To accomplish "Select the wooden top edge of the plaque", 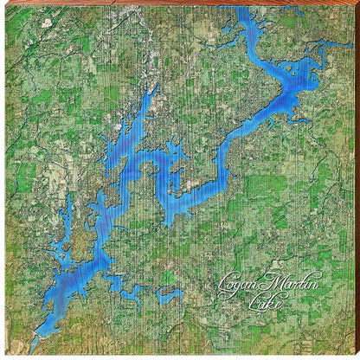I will (x=180, y=3).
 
